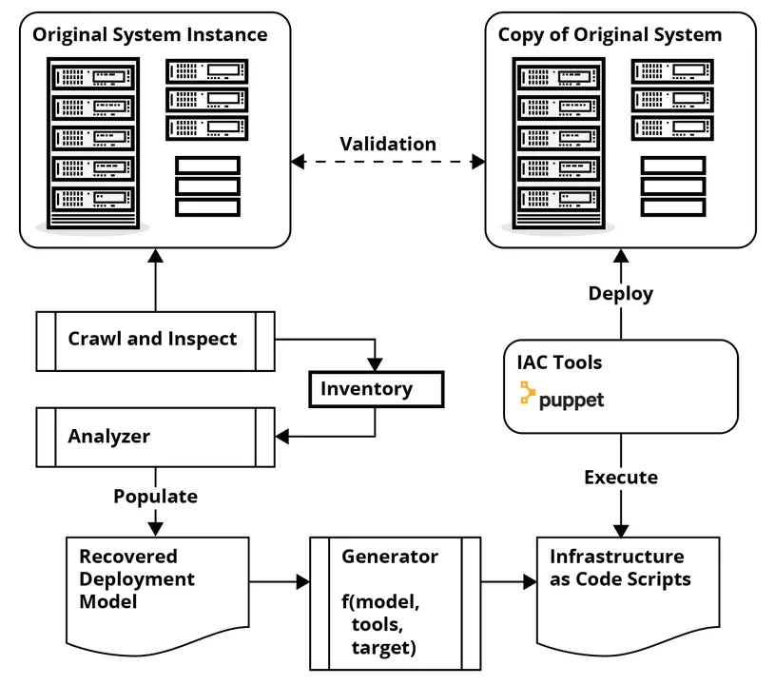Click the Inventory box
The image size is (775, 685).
click(377, 389)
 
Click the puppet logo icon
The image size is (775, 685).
click(526, 394)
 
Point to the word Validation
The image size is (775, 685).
click(388, 145)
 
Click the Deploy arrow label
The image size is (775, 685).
click(621, 293)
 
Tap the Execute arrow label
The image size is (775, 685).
click(621, 477)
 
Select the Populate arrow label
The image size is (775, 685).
click(155, 496)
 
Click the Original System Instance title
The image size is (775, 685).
click(150, 35)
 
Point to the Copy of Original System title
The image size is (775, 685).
click(610, 35)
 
